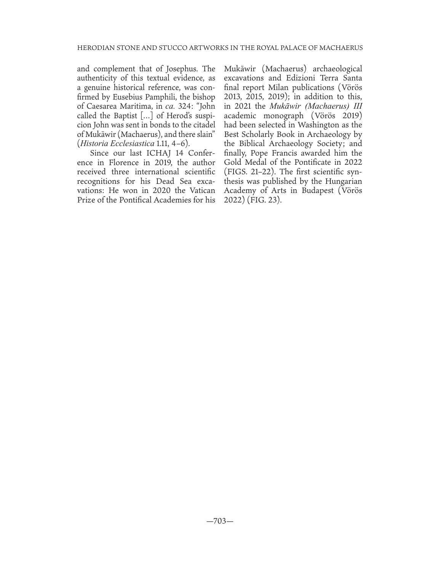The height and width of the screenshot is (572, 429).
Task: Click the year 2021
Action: tap(242, 106)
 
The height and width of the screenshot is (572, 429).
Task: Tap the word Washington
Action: tap(319, 125)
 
